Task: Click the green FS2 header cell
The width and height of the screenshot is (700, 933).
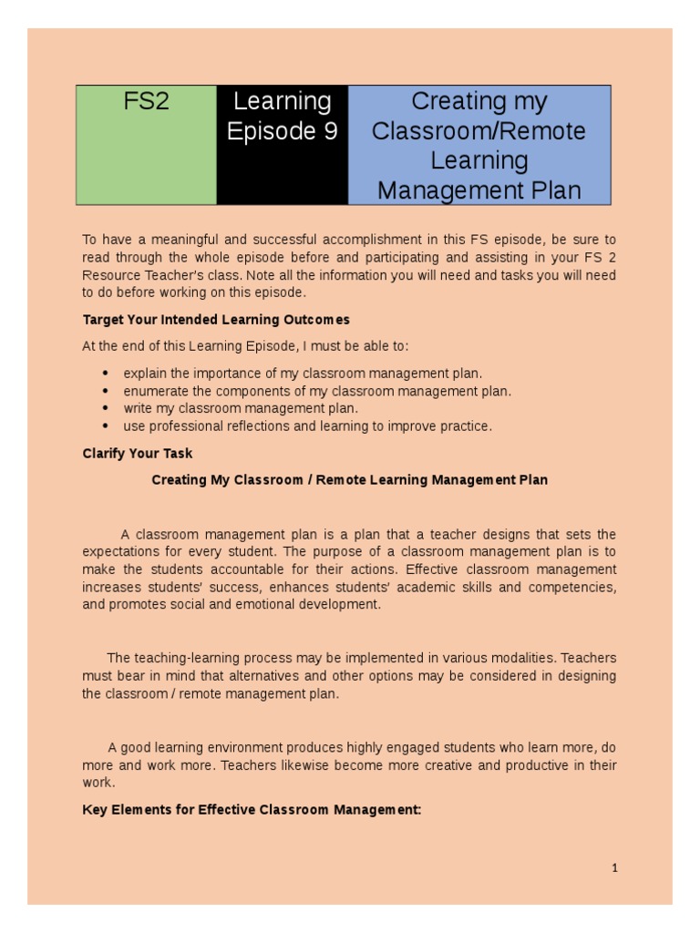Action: (146, 145)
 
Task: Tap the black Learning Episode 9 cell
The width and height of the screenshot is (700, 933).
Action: (282, 145)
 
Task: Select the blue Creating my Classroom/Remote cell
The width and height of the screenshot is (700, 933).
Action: (479, 145)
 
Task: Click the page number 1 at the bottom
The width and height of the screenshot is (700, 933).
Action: (614, 868)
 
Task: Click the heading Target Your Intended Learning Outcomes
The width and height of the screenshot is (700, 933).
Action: (216, 320)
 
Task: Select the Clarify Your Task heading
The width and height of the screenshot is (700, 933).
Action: (138, 453)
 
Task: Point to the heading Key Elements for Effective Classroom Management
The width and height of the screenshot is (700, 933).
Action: (252, 808)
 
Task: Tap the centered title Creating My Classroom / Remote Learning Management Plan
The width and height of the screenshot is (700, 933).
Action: (349, 479)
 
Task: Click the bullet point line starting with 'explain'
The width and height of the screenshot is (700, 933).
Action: (303, 373)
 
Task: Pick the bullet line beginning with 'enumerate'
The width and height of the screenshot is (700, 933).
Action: (317, 391)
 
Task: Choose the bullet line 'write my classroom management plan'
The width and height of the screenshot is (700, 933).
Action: (241, 408)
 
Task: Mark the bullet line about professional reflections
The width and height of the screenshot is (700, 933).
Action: (307, 425)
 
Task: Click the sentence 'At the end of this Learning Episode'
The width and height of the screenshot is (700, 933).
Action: (245, 346)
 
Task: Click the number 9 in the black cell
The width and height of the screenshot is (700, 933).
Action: (329, 132)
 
